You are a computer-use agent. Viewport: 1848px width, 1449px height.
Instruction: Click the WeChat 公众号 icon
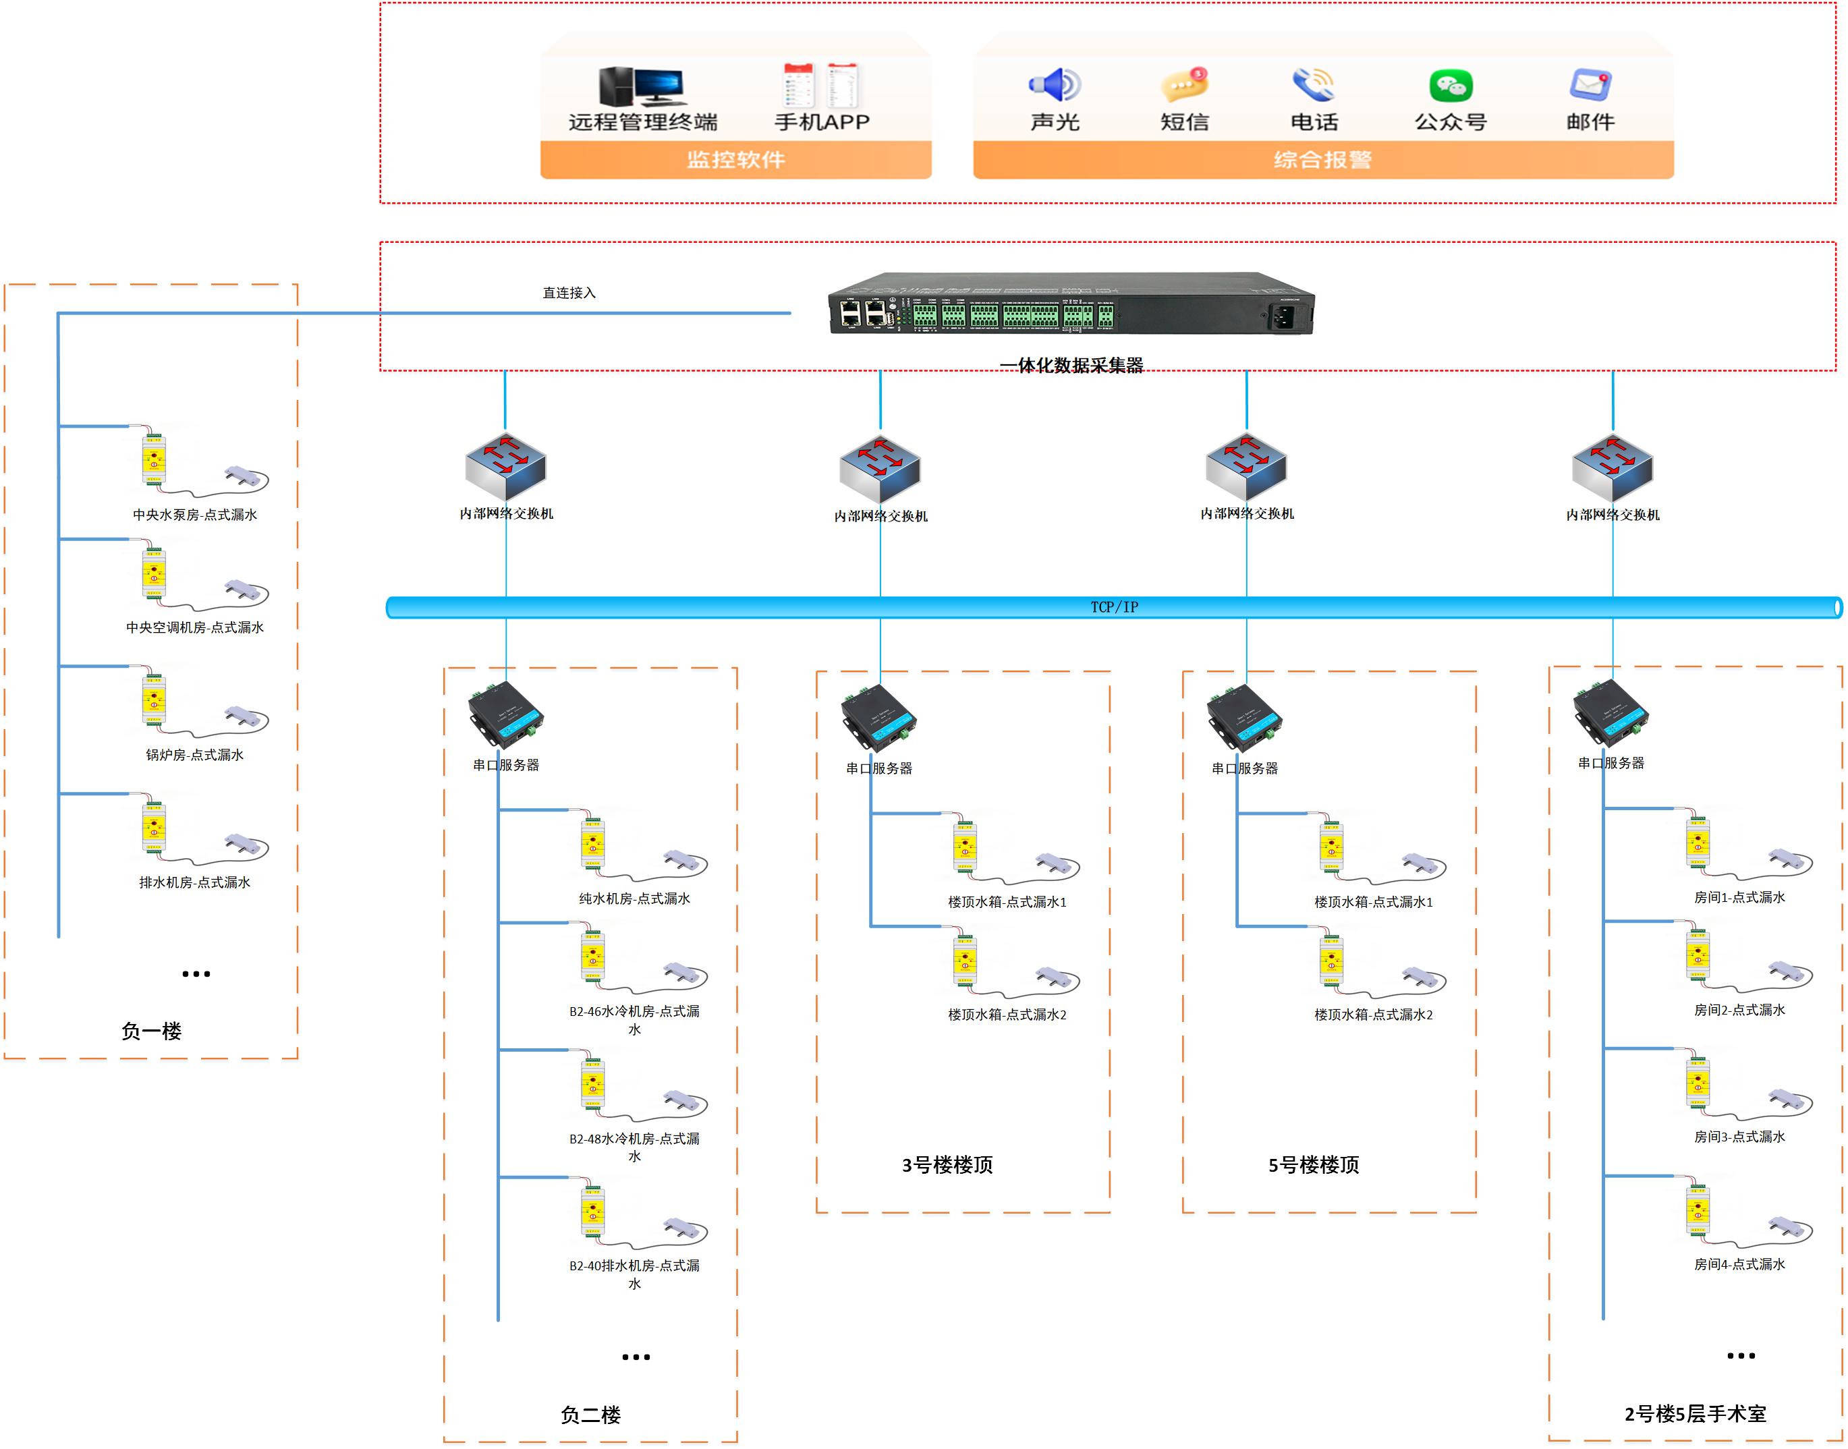click(1450, 86)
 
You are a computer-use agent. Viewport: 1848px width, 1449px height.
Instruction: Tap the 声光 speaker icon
click(1055, 85)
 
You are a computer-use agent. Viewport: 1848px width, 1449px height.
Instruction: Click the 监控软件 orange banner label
click(735, 159)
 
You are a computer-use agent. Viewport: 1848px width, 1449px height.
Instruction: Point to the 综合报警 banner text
click(1322, 159)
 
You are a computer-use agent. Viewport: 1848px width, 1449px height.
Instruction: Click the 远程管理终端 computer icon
click(642, 86)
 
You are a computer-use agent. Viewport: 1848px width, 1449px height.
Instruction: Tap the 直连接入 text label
click(569, 293)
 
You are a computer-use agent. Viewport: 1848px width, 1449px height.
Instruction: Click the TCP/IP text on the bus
click(1114, 607)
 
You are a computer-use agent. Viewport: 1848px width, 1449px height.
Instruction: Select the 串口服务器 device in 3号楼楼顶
click(879, 718)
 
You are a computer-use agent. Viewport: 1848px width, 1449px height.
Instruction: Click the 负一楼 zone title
click(151, 1031)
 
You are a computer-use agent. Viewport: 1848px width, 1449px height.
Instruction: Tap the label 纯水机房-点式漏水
click(634, 899)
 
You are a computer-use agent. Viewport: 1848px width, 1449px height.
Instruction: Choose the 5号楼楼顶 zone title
click(1314, 1165)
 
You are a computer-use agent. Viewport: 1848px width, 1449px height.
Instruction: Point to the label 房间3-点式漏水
click(1739, 1137)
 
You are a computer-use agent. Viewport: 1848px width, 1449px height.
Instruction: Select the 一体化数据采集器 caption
click(1071, 366)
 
